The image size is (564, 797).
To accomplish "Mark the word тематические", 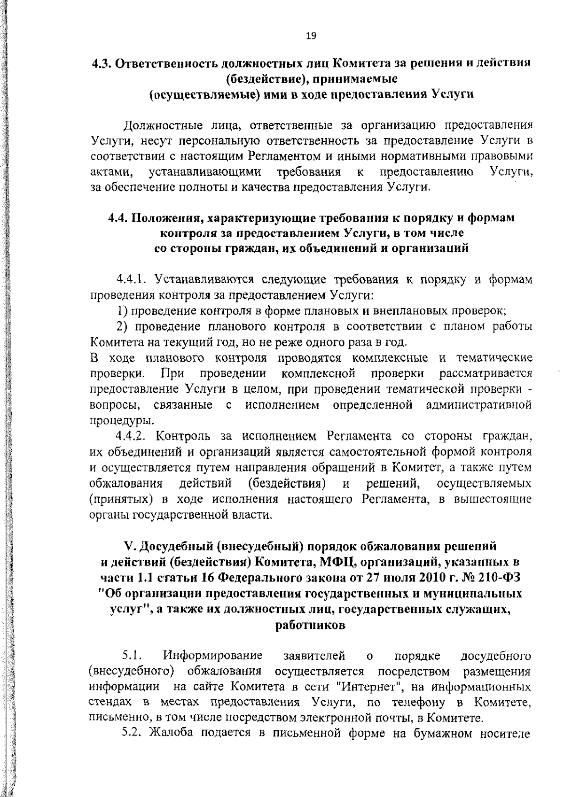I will (x=495, y=358).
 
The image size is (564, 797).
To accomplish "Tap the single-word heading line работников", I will (x=310, y=625).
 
